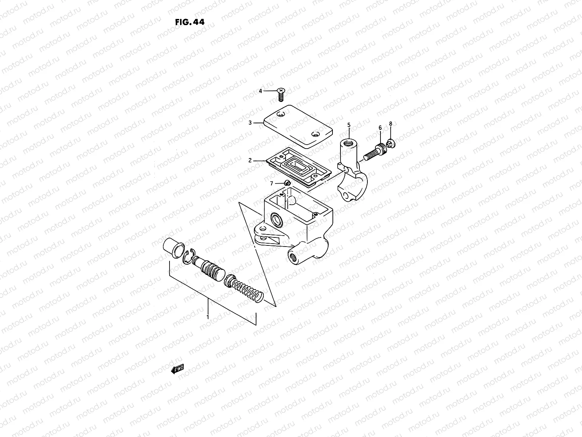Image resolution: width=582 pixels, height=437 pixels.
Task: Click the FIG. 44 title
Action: pyautogui.click(x=190, y=22)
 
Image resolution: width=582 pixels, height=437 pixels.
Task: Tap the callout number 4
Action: pyautogui.click(x=260, y=91)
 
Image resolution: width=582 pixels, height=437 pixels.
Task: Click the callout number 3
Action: pyautogui.click(x=250, y=123)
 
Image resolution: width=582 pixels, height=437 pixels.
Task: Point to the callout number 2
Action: pyautogui.click(x=250, y=160)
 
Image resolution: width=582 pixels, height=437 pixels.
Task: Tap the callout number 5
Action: pyautogui.click(x=349, y=125)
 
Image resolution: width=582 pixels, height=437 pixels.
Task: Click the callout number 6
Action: pyautogui.click(x=380, y=127)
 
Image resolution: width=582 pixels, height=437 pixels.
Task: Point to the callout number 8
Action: pyautogui.click(x=391, y=124)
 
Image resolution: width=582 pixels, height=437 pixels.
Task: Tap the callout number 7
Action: pyautogui.click(x=271, y=184)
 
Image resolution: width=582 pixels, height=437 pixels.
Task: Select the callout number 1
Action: pyautogui.click(x=208, y=317)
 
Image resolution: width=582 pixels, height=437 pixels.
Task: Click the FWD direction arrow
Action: pyautogui.click(x=178, y=370)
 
